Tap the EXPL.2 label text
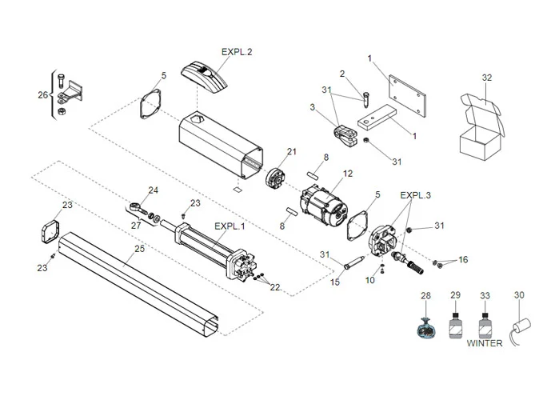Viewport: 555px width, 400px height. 237,52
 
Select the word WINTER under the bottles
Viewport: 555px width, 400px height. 485,343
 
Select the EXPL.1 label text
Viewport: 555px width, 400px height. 230,226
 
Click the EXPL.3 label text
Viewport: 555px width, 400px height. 416,194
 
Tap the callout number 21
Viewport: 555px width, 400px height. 291,152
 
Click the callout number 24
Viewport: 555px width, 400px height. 154,190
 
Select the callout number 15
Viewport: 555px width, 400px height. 335,282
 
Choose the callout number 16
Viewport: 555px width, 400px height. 463,262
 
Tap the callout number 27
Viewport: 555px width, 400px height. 136,226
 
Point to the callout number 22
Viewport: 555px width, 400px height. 274,287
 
